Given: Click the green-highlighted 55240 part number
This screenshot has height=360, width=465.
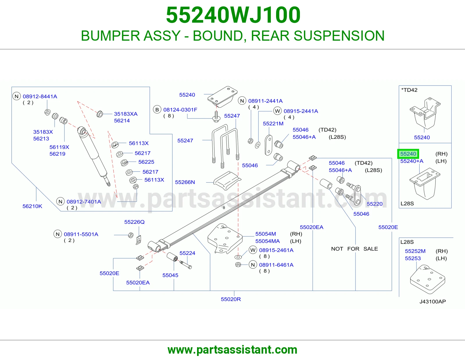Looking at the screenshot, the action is coord(408,154).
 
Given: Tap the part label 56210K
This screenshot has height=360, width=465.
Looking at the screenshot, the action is coord(32,206).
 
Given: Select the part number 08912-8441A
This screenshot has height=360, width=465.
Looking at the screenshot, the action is coord(40,96).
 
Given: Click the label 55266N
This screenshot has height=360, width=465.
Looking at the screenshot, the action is coord(185,182).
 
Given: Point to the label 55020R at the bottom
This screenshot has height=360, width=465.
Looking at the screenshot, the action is coord(231,299).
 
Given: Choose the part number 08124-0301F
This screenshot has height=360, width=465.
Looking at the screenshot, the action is coord(180,110).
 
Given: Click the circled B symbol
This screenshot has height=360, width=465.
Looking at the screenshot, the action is coord(157,110).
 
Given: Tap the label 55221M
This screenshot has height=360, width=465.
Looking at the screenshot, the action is coord(273,124).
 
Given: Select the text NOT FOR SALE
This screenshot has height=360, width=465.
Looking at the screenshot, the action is coord(354,249).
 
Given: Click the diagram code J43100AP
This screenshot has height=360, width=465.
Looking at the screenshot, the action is coord(433,302).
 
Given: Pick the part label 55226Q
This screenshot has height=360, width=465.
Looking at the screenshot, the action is coord(134,222).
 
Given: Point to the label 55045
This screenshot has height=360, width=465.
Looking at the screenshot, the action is coord(170,275).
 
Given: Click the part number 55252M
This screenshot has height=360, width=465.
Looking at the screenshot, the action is coord(415,251).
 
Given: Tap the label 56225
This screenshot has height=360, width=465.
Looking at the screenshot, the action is coord(146,162).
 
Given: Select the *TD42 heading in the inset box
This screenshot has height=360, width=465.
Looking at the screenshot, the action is coord(409,90).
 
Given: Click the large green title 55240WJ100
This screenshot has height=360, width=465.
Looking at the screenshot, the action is coord(233,15).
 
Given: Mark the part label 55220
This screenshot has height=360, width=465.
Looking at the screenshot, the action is coord(375,204).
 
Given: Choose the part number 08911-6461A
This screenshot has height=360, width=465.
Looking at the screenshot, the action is coord(276,265).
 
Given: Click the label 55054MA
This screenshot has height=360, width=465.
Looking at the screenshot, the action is coord(267,241).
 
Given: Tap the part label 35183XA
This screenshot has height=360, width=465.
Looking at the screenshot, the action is coord(126,114).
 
